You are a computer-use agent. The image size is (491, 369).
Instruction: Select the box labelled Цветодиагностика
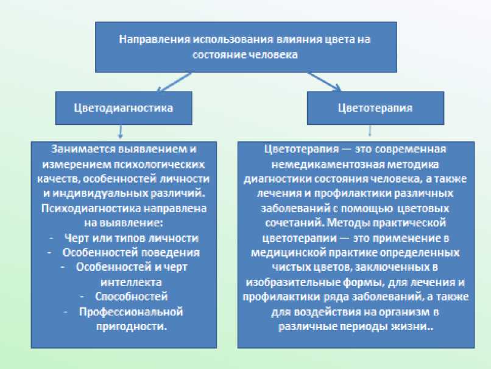tap(123, 108)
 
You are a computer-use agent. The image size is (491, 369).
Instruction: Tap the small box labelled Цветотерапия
tap(375, 108)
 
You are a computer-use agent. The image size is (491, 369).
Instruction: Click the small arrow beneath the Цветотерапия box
tap(369, 132)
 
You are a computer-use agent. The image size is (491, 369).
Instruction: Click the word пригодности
tap(130, 326)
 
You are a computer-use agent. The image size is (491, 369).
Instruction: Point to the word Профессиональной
tap(131, 312)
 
